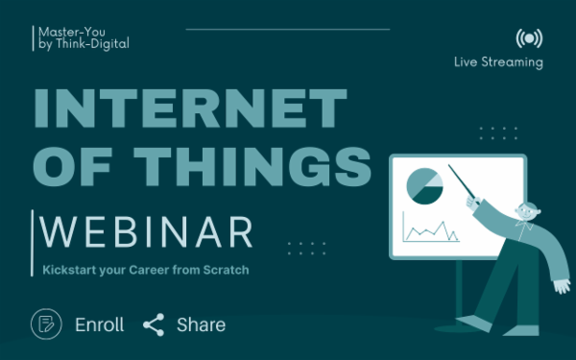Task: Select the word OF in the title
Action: pyautogui.click(x=72, y=165)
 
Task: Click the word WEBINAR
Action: pyautogui.click(x=146, y=232)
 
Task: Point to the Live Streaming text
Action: pyautogui.click(x=498, y=62)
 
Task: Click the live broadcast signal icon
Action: pyautogui.click(x=527, y=38)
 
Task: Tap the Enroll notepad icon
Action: pyautogui.click(x=46, y=324)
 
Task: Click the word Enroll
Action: pyautogui.click(x=100, y=324)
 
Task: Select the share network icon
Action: pyautogui.click(x=154, y=324)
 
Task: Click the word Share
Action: pyautogui.click(x=201, y=324)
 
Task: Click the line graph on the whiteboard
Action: pyautogui.click(x=428, y=230)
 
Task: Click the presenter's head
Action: pyautogui.click(x=524, y=212)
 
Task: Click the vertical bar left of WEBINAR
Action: pyautogui.click(x=36, y=232)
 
